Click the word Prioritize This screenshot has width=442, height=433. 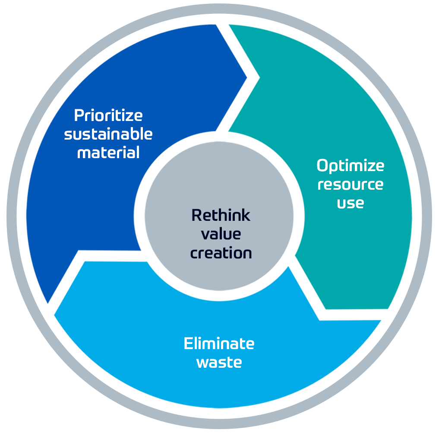(x=108, y=116)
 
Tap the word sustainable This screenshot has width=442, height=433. (x=108, y=134)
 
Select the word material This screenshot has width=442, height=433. (x=108, y=153)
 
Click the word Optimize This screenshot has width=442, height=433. (x=350, y=166)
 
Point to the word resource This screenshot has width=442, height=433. (x=350, y=185)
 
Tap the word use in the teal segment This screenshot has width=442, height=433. (x=350, y=203)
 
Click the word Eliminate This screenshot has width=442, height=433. (x=219, y=344)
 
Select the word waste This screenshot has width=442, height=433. (x=219, y=362)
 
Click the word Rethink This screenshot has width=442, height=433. (x=221, y=215)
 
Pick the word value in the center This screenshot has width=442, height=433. (x=221, y=234)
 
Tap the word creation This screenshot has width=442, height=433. (x=221, y=253)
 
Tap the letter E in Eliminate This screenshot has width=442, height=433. (x=188, y=344)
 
